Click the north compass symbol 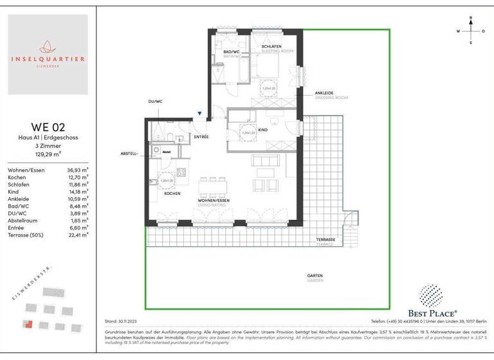tap(471, 30)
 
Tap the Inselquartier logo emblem tap(48, 47)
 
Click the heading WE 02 tap(48, 126)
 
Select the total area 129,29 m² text tap(48, 154)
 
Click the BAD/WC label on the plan tap(232, 51)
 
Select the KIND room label tap(262, 129)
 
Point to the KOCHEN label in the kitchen tap(172, 194)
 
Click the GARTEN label tap(315, 276)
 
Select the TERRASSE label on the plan tap(325, 239)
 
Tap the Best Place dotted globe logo tap(430, 296)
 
